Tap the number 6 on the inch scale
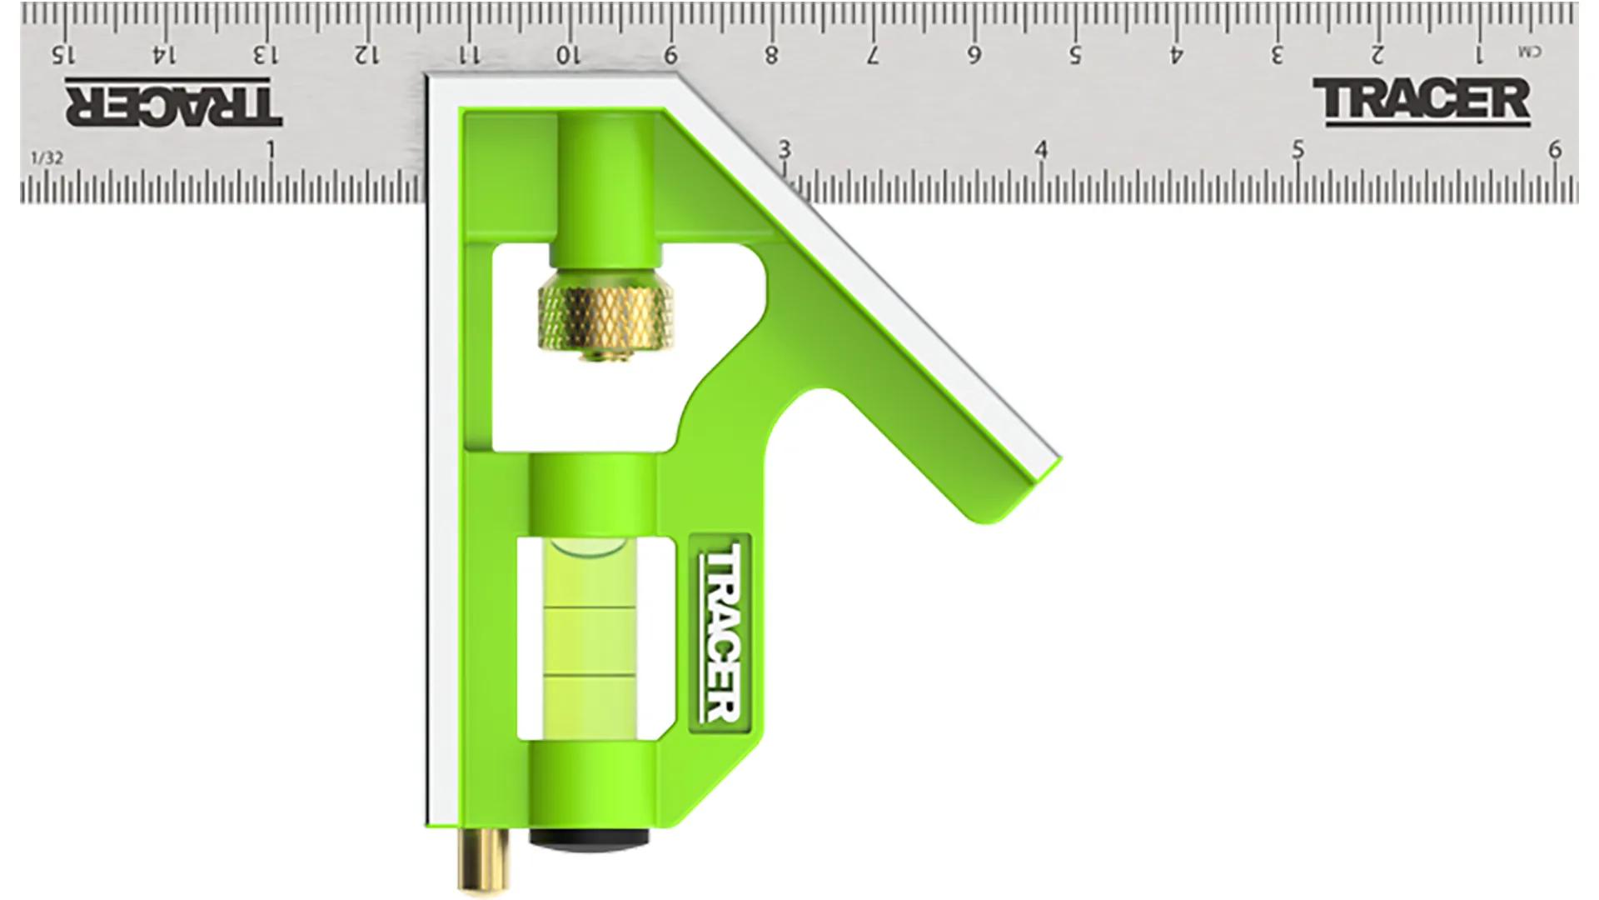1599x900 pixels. coord(1554,150)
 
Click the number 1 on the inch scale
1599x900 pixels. coord(270,151)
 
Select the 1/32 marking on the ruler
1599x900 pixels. coord(47,157)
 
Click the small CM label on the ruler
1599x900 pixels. coord(1529,52)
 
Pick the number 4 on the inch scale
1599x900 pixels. coord(1040,150)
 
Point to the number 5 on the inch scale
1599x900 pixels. coord(1298,150)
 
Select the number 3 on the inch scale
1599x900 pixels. coord(784,150)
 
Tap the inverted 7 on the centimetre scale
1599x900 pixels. coord(873,55)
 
